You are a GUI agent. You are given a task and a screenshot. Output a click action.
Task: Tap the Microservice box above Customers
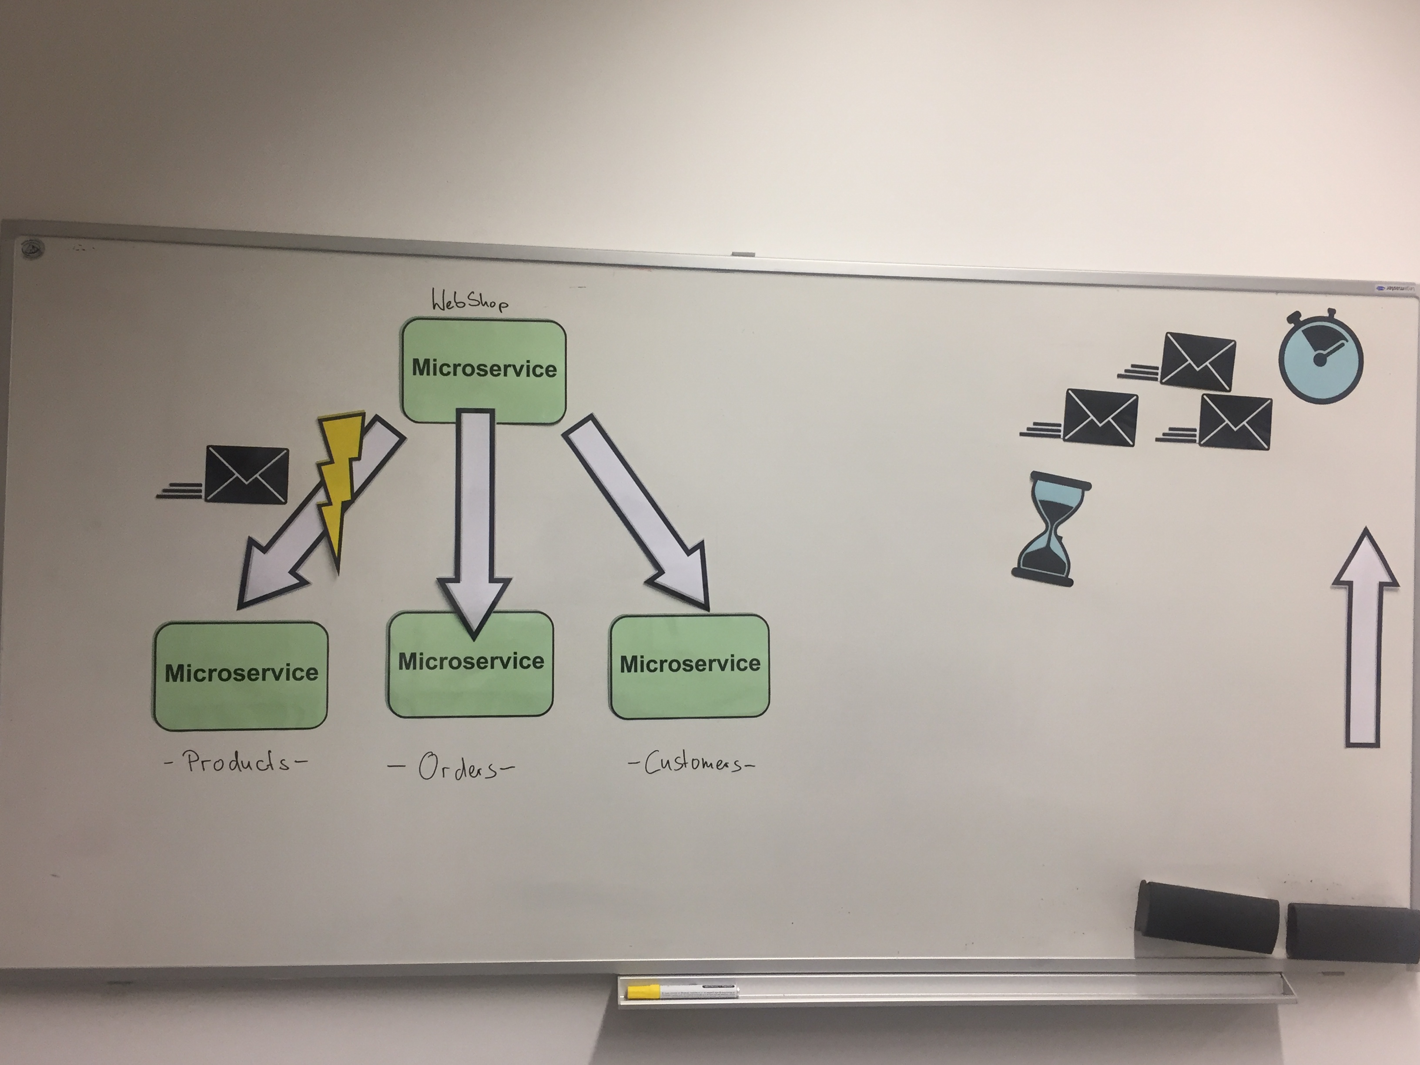690,666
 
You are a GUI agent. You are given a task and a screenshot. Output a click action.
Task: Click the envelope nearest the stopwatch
1198,362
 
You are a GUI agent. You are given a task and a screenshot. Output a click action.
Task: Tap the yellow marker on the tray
680,991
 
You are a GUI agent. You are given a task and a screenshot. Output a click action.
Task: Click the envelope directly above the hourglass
1100,417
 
